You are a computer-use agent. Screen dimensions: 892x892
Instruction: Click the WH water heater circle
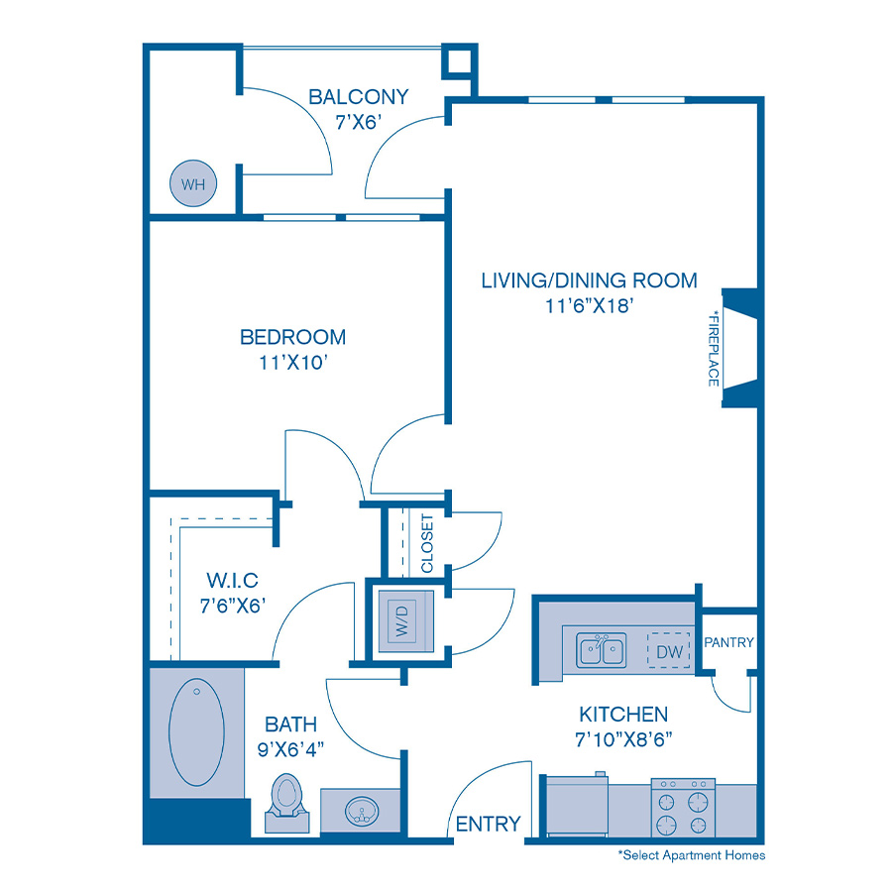point(191,184)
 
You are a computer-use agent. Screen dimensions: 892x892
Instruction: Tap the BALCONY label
point(358,97)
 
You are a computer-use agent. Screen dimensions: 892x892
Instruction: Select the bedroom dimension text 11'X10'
point(292,363)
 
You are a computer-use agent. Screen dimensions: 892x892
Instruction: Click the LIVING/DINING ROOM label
point(589,280)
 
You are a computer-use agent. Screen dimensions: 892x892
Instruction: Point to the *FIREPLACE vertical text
point(714,347)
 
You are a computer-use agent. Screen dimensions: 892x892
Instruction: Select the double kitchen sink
point(602,651)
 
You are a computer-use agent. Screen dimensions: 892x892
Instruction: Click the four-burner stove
point(683,807)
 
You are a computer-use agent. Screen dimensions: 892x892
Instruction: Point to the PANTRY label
point(729,643)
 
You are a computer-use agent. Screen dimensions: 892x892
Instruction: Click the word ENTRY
point(488,824)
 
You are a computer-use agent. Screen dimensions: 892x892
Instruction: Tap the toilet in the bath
point(287,800)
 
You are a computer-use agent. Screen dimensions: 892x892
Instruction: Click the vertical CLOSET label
point(427,543)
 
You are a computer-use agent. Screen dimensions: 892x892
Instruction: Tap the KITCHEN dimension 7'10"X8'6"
point(622,738)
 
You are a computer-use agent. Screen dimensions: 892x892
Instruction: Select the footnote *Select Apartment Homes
point(691,854)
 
